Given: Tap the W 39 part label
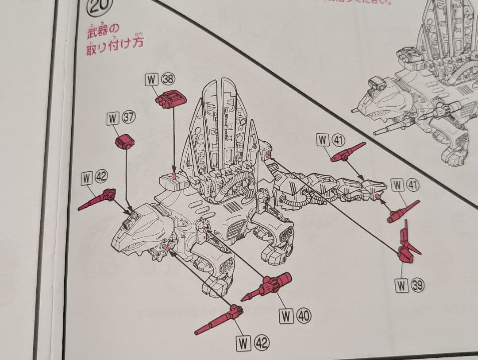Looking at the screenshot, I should coord(409,286).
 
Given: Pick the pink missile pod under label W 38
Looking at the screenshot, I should coord(171,99).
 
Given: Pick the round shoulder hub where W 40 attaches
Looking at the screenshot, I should coord(204,227).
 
